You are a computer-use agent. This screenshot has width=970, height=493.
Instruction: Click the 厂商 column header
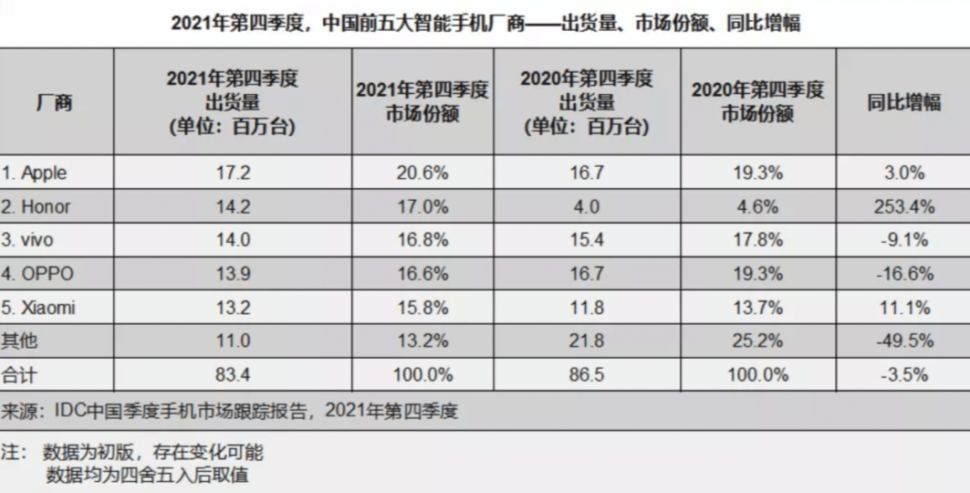tap(54, 102)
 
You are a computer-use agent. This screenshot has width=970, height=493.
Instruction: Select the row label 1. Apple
tap(34, 173)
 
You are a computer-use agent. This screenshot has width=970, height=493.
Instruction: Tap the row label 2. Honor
tap(37, 206)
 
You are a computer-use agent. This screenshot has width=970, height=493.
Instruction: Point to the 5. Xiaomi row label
tap(38, 308)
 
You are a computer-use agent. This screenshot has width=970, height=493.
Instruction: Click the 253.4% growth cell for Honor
tap(902, 206)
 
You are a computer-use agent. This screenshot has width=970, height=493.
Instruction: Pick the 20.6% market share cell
tap(422, 173)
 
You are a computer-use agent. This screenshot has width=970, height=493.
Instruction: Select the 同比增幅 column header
tap(902, 102)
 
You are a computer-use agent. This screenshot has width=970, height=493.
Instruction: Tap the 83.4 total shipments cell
tap(232, 374)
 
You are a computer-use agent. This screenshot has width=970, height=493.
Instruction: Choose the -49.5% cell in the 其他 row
tap(902, 341)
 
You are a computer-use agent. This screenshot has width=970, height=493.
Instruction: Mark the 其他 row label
tap(20, 341)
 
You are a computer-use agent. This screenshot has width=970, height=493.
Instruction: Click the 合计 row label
tap(20, 374)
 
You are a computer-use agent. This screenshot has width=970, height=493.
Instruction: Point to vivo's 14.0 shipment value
tap(232, 240)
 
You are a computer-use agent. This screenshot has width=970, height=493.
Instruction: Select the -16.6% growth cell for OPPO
tap(902, 274)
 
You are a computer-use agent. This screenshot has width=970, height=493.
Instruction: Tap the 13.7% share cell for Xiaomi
tap(756, 308)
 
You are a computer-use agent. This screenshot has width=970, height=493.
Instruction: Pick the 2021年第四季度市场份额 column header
tap(422, 102)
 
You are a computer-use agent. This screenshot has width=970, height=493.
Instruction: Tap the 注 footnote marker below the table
tap(9, 453)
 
